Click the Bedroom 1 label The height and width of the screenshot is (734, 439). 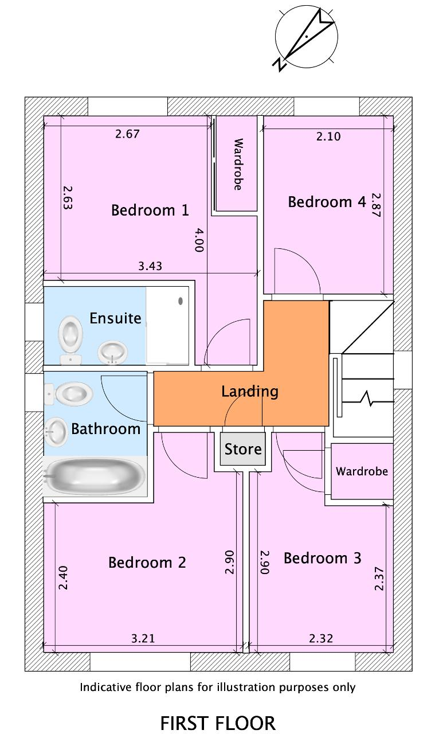[150, 210]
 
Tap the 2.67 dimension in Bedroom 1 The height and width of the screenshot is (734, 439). [127, 134]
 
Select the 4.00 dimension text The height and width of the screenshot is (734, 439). [199, 240]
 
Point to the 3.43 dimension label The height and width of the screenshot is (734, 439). [150, 266]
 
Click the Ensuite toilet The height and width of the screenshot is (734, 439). [70, 340]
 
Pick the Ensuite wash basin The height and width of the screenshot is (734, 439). [113, 353]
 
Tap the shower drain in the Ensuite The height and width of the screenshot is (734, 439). [180, 301]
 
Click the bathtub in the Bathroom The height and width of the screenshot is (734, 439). [95, 476]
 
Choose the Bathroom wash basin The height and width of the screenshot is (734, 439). [56, 432]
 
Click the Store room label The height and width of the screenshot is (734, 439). [243, 449]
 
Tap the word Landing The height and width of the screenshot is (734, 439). [250, 392]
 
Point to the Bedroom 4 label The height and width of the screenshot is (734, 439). [327, 202]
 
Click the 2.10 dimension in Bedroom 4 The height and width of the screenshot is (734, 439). [328, 136]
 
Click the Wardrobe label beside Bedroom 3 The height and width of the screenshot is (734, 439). [362, 471]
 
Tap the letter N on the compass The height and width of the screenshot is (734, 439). [280, 64]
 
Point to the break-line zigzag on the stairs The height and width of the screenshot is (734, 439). [366, 399]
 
